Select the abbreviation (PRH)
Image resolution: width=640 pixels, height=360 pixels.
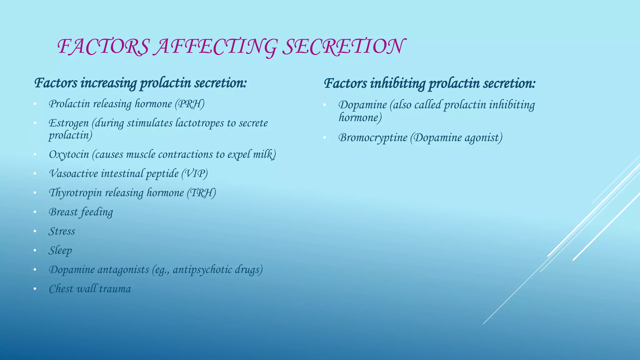click(x=190, y=104)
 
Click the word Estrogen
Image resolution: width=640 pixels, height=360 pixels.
click(x=69, y=123)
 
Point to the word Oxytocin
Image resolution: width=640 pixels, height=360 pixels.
click(x=69, y=154)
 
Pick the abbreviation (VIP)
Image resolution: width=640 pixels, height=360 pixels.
click(x=195, y=173)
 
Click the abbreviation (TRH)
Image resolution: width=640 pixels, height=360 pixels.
click(x=202, y=193)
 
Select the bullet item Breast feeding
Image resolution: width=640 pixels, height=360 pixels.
click(x=81, y=212)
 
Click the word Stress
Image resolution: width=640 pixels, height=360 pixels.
click(x=62, y=231)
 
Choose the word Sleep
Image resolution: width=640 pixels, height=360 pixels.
click(x=60, y=251)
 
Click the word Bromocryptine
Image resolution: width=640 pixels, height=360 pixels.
click(x=373, y=138)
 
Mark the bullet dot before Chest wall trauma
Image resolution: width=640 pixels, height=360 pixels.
click(x=35, y=289)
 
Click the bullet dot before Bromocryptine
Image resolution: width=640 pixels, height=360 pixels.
click(x=325, y=138)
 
